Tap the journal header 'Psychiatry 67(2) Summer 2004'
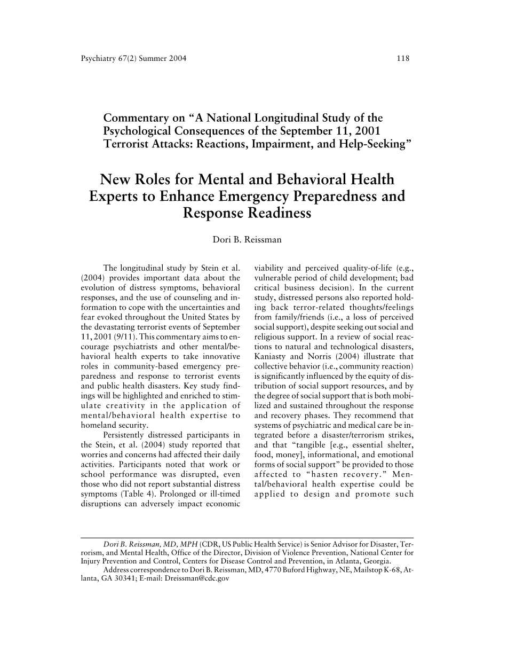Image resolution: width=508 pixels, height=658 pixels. (130, 58)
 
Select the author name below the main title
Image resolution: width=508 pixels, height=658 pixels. (247, 240)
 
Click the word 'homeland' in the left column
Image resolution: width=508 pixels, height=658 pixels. (97, 425)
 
